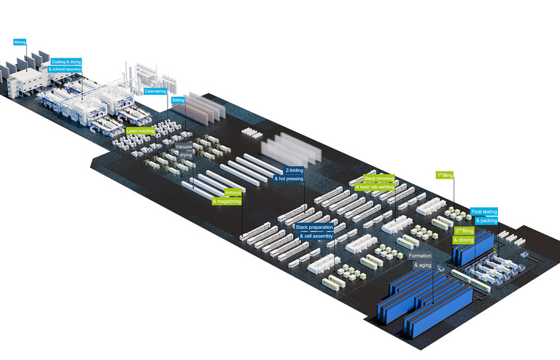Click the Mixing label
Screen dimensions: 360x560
tap(20, 43)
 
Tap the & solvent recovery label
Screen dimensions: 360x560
tap(65, 69)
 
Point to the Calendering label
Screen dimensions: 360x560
tap(155, 91)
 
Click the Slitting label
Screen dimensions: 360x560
tap(178, 100)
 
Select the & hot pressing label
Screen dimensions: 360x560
tap(289, 179)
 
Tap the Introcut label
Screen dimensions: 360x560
tap(233, 192)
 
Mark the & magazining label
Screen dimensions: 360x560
tap(228, 201)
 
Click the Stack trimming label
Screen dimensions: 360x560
tap(379, 178)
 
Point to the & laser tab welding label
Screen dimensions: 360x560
tap(376, 187)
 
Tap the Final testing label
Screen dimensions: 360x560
tap(483, 211)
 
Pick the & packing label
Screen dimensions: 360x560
tap(486, 220)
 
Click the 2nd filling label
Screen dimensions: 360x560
tap(464, 230)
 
